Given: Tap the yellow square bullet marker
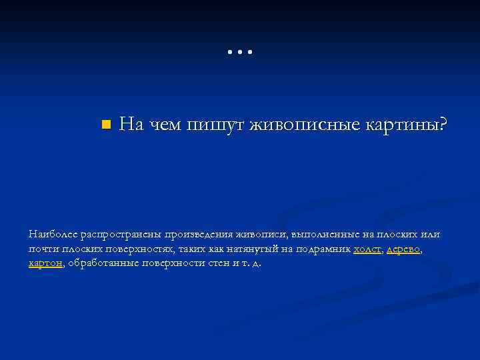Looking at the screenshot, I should coord(105,125).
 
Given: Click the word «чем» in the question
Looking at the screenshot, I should coord(164,125).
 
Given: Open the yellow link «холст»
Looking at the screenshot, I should coord(367,249).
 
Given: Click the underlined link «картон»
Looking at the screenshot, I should coord(45,263).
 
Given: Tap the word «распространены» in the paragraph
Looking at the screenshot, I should coord(122,235).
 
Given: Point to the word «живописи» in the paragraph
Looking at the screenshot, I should coord(264,235).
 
